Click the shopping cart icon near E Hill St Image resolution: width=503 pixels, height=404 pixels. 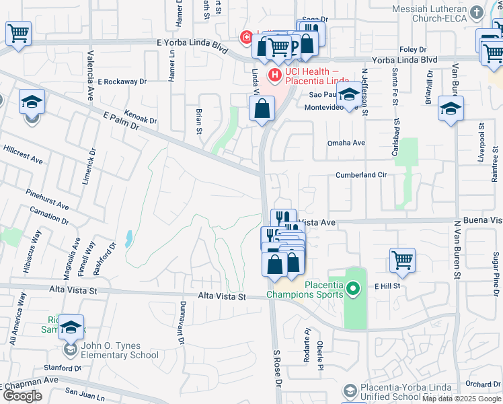tap(402, 259)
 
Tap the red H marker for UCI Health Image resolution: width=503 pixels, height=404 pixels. tap(274, 73)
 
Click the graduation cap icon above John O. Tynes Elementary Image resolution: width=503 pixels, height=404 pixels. tap(71, 327)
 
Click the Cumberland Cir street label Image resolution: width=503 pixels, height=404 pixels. tap(362, 174)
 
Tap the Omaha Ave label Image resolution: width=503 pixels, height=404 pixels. tap(346, 143)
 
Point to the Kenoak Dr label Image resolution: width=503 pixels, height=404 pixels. tap(140, 117)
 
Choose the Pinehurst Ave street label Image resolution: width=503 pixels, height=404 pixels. tap(48, 199)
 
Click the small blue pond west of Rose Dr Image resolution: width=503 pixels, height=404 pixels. tap(128, 238)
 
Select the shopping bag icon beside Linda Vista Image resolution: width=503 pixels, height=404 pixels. tap(262, 108)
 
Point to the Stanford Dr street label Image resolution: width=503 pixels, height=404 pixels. tap(63, 368)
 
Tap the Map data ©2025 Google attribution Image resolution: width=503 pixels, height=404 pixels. tap(461, 399)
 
